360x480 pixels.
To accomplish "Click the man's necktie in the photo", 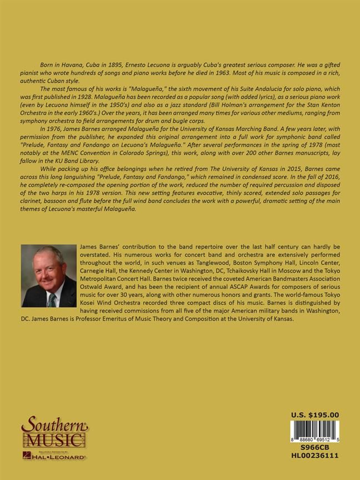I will coord(52,301).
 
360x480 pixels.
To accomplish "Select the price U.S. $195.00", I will coord(315,414).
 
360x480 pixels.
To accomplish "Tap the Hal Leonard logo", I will coord(53,456).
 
